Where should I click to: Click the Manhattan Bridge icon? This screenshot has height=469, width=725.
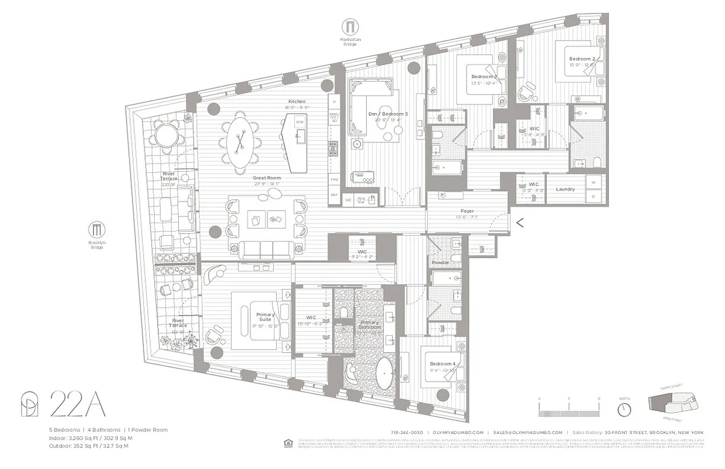350,27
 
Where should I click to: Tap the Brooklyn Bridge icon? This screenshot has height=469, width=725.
97,229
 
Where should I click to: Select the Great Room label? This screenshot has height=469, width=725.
267,178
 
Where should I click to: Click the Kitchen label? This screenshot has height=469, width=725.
297,101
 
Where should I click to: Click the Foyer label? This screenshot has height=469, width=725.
467,211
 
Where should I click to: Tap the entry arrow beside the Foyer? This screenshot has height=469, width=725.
519,222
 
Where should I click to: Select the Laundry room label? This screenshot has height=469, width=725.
565,189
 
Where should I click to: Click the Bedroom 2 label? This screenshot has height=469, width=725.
581,59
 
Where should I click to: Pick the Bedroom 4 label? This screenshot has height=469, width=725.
441,363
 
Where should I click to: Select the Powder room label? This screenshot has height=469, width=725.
440,263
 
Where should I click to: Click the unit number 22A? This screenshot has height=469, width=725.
77,405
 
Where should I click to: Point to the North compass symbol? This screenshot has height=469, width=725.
624,407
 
